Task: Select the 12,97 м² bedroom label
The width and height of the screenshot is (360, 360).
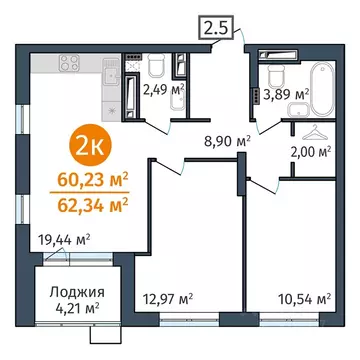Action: (167, 298)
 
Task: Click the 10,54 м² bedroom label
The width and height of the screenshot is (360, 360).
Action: (306, 298)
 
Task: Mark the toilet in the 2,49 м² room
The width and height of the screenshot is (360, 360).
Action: (153, 65)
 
